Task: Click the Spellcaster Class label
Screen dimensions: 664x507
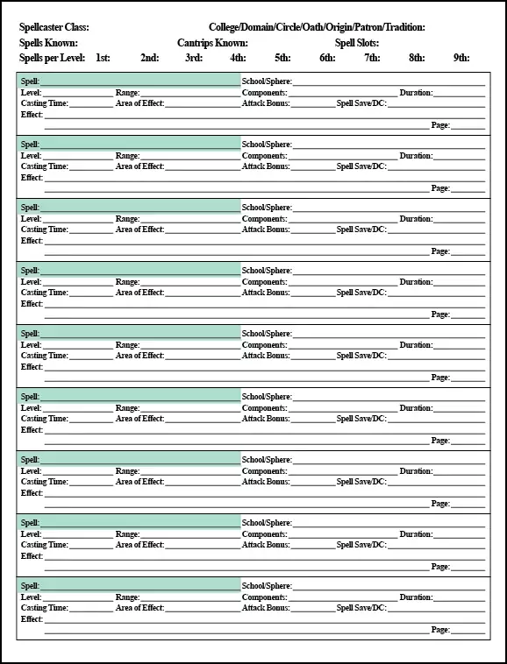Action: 54,28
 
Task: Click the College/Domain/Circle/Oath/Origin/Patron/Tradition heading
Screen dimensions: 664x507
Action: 317,28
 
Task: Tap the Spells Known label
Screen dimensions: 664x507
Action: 48,43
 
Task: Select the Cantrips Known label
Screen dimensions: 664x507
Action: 212,43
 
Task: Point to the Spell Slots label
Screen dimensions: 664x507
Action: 357,43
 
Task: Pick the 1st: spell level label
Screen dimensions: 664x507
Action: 103,58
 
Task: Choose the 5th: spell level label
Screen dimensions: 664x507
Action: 282,58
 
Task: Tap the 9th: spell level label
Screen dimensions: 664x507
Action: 461,58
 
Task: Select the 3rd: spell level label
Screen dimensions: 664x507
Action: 194,58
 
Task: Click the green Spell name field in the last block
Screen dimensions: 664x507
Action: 140,586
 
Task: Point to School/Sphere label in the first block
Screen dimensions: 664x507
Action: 267,81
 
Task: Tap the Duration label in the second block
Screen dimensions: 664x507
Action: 417,156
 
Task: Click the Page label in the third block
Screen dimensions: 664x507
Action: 440,251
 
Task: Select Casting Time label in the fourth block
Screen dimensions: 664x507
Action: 45,293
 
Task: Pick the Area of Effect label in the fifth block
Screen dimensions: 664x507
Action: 140,356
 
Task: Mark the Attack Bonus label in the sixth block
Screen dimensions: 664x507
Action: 266,419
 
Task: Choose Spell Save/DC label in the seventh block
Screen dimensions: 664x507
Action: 361,482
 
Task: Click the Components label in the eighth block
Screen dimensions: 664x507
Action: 264,534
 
